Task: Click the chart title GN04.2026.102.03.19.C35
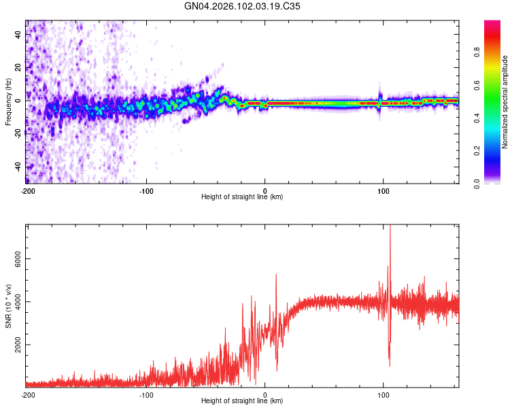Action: (x=243, y=7)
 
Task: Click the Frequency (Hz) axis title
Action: (x=8, y=101)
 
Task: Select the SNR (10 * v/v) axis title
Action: (x=8, y=306)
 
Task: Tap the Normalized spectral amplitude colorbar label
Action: (x=505, y=102)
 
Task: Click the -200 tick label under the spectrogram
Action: (x=28, y=190)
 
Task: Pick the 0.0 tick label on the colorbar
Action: (x=477, y=183)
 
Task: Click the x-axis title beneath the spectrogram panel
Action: (x=242, y=197)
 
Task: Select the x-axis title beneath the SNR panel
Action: (x=242, y=401)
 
